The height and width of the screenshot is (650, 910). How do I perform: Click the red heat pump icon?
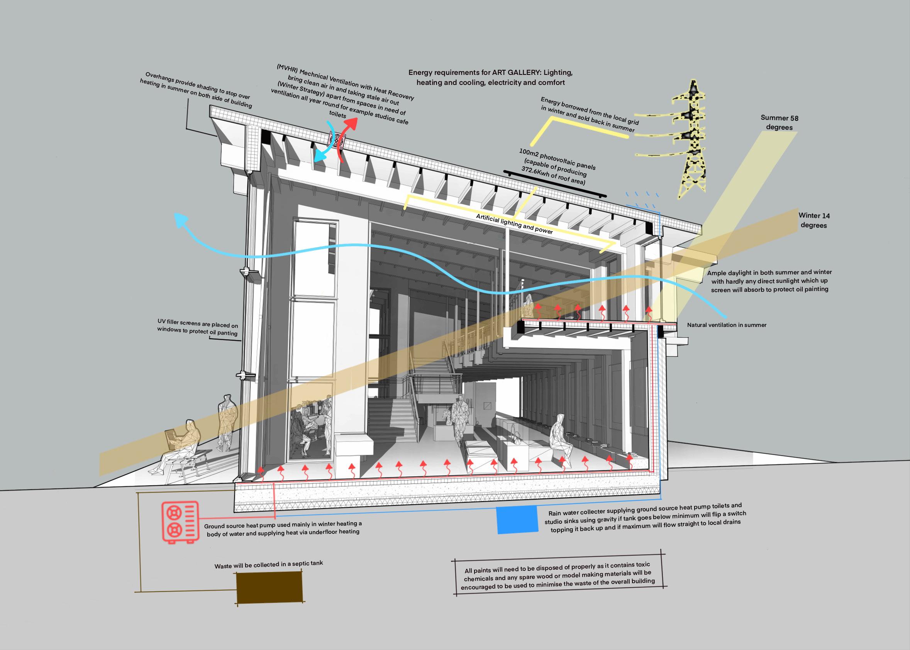(180, 522)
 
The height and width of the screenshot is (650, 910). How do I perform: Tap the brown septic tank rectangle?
(269, 587)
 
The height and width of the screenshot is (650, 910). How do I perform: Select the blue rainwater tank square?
(517, 519)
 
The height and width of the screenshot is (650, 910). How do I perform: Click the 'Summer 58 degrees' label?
(779, 122)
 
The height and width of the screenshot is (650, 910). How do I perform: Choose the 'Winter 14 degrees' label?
(813, 220)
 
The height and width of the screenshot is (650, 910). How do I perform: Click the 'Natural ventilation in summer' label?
(727, 325)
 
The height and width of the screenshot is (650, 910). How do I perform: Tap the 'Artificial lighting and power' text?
(514, 224)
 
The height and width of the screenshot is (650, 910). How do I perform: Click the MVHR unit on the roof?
(336, 140)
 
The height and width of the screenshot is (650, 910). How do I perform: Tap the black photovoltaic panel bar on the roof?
(555, 185)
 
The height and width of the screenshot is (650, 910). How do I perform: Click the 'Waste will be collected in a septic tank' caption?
(269, 564)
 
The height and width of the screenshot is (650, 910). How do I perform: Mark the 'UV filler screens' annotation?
(197, 327)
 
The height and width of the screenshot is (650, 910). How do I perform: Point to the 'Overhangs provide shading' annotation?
(196, 90)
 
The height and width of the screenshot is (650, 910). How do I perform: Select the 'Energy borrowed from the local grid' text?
(589, 114)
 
